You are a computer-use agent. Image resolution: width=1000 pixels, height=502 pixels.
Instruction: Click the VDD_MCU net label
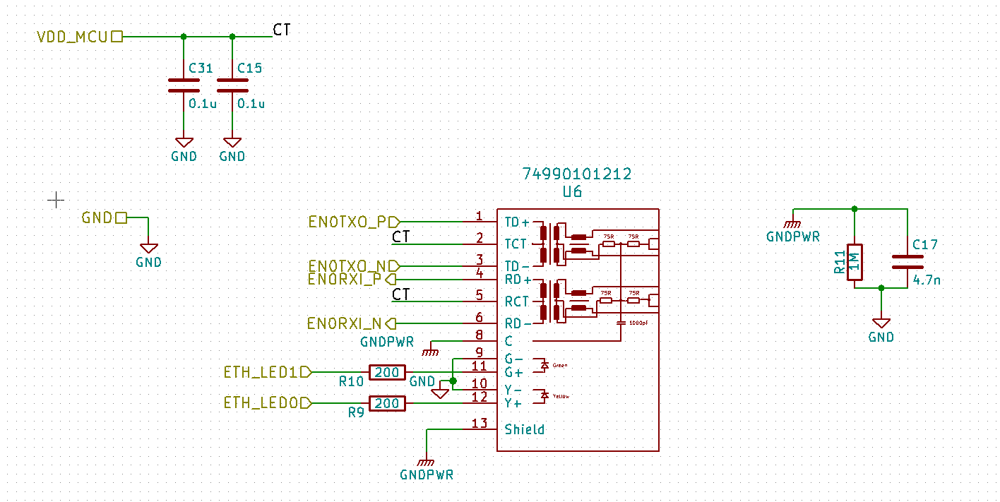[x=73, y=36]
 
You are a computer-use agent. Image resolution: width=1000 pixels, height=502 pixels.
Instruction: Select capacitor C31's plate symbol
[x=184, y=85]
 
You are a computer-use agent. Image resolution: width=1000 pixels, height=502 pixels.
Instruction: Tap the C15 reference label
[x=249, y=68]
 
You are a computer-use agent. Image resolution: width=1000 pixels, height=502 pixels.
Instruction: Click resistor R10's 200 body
[x=387, y=372]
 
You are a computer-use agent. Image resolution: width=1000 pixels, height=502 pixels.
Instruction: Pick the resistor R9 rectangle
[x=387, y=403]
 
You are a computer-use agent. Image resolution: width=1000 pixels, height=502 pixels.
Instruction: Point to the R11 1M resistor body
[x=855, y=262]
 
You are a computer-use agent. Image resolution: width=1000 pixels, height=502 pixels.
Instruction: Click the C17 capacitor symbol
[x=907, y=262]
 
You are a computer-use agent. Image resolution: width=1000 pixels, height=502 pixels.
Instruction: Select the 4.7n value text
[x=927, y=280]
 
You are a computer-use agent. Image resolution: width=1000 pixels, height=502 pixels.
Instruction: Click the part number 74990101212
[x=576, y=174]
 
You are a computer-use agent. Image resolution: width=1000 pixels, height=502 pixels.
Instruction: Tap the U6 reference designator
[x=572, y=191]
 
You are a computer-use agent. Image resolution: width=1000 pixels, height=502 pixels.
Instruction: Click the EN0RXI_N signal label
[x=345, y=323]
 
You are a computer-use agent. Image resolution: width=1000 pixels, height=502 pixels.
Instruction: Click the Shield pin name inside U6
[x=524, y=429]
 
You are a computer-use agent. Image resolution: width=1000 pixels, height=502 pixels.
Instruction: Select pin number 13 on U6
[x=479, y=424]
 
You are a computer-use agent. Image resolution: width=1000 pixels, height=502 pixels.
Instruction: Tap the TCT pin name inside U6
[x=516, y=244]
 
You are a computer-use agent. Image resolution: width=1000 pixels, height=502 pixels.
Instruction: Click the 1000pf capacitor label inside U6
[x=639, y=322]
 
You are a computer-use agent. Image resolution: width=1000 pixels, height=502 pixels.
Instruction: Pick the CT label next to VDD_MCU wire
[x=281, y=30]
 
